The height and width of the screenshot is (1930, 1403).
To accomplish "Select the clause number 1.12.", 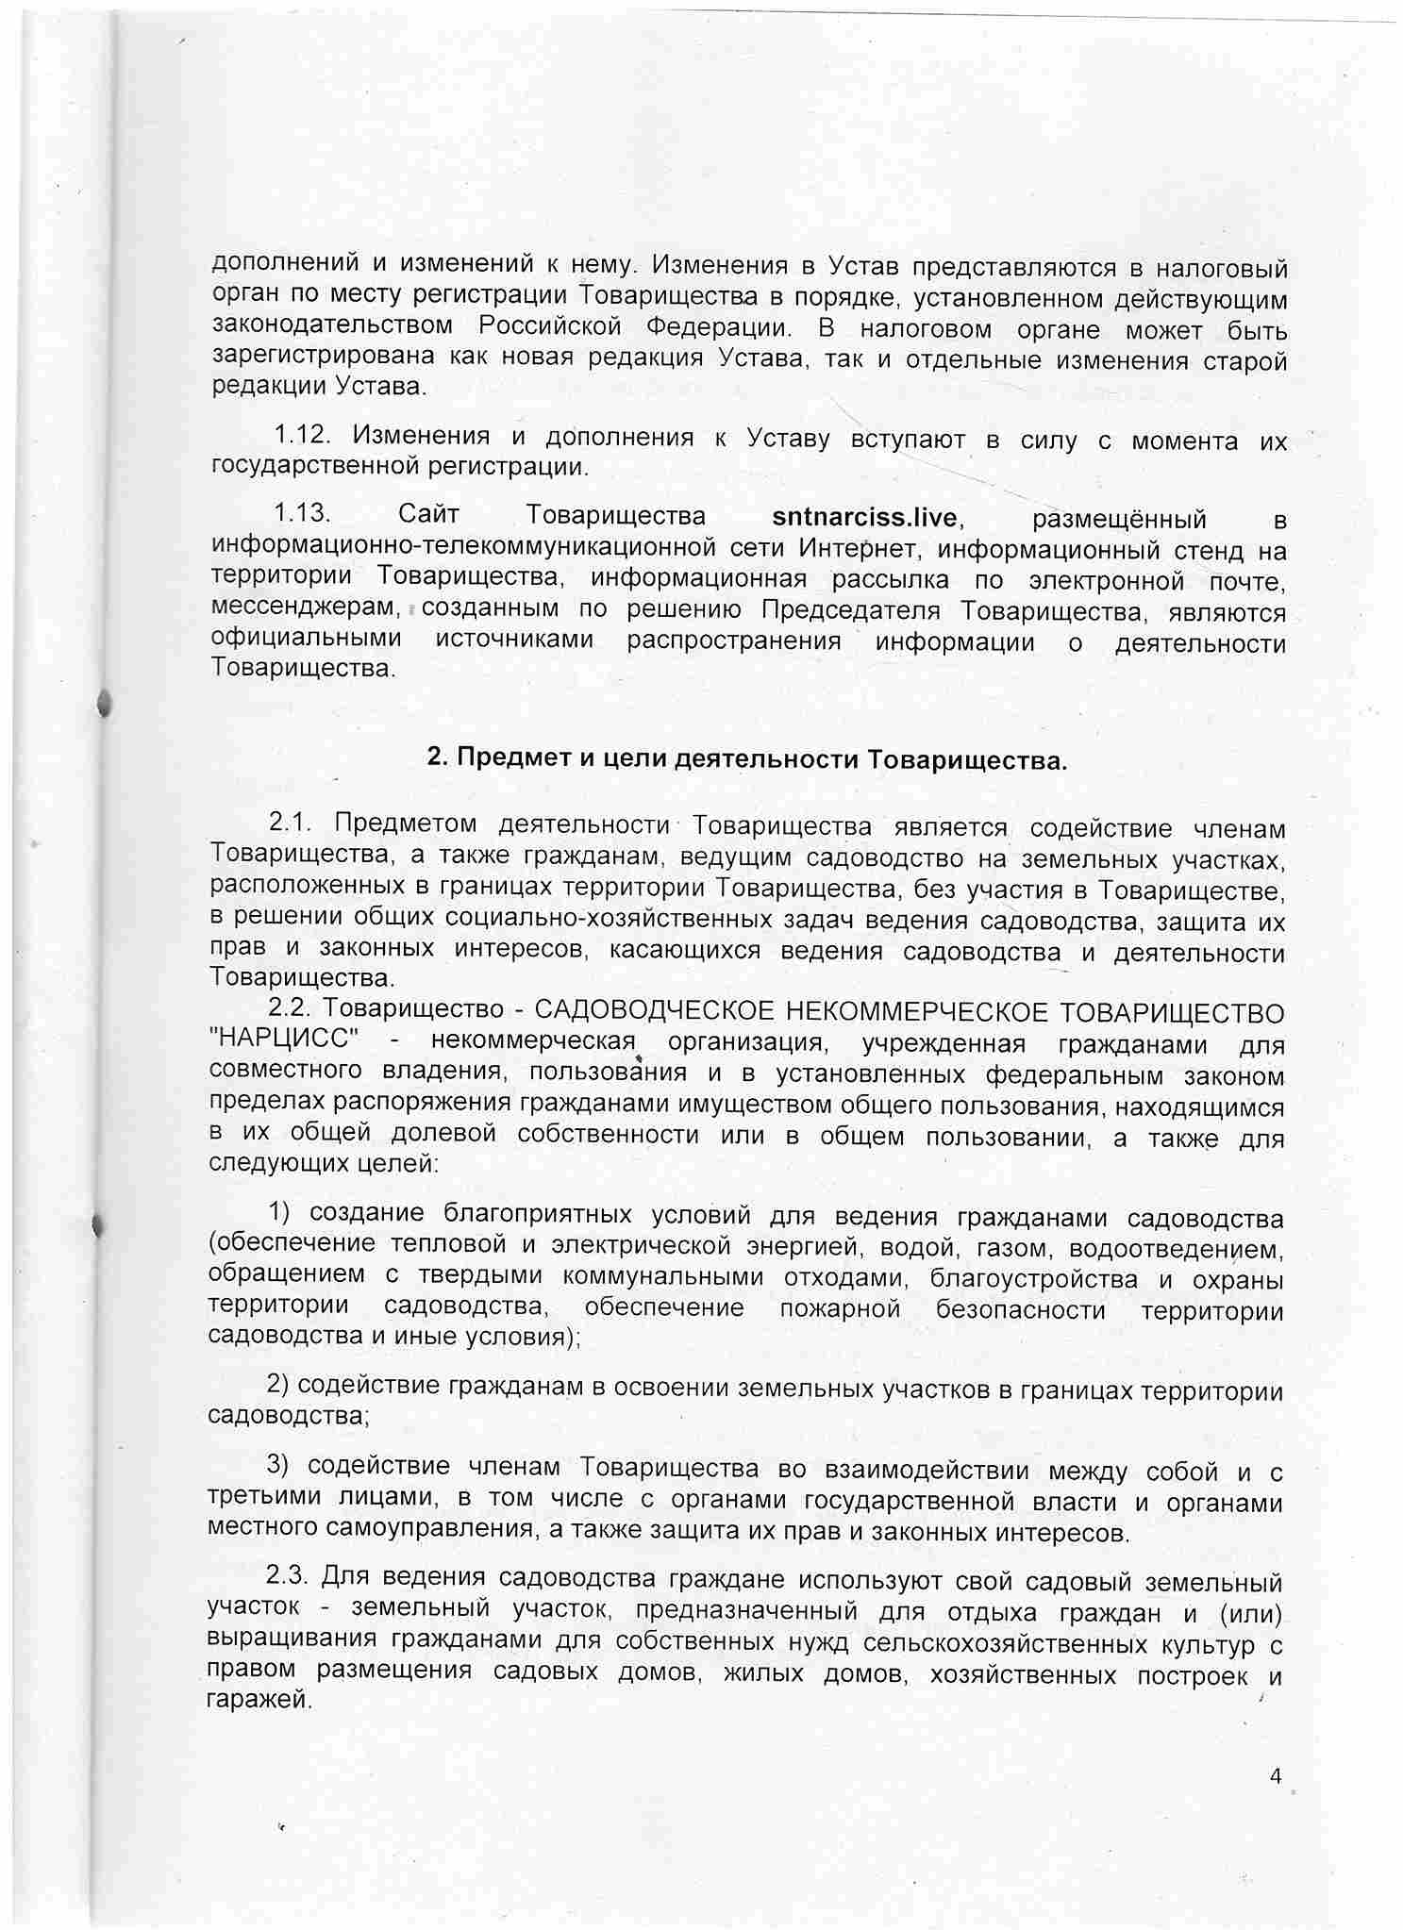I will pyautogui.click(x=302, y=435).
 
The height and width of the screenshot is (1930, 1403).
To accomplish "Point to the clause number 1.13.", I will pyautogui.click(x=302, y=515).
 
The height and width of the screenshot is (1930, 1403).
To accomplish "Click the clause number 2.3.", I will pyautogui.click(x=287, y=1575).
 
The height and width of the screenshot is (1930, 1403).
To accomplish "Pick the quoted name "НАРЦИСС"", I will pyautogui.click(x=284, y=1042).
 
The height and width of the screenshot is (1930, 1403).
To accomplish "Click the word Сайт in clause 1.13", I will pyautogui.click(x=428, y=515).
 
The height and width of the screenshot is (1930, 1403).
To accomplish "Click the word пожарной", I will pyautogui.click(x=840, y=1310).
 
